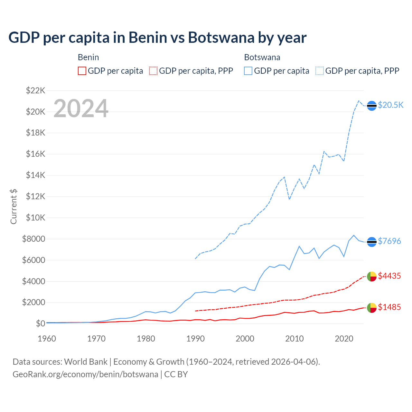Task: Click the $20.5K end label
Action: tap(390, 105)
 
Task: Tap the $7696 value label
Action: tap(389, 241)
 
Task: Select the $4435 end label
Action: tap(389, 276)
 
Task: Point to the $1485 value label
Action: tap(389, 307)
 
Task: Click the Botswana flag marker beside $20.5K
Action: tap(372, 106)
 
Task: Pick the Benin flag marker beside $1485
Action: tap(372, 308)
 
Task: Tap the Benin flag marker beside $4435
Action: tap(372, 276)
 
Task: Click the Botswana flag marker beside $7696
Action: tap(372, 242)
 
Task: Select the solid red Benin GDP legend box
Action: tap(82, 71)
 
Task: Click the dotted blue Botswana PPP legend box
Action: tap(320, 71)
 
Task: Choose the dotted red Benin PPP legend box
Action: tap(153, 71)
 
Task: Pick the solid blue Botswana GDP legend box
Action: tap(248, 71)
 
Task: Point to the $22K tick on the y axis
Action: tap(35, 90)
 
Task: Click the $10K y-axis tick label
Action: tap(35, 218)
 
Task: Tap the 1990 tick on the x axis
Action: tap(195, 339)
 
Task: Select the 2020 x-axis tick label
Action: tap(344, 339)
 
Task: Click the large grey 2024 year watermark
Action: tap(81, 108)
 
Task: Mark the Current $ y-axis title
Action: tap(14, 206)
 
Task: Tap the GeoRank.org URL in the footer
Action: tap(85, 374)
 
